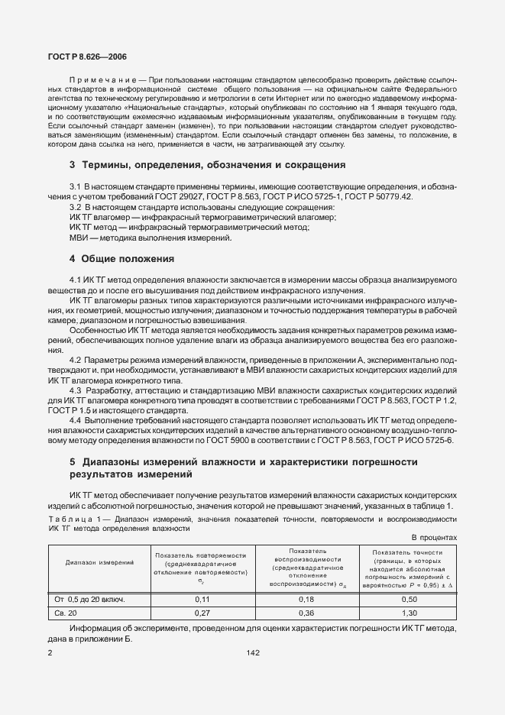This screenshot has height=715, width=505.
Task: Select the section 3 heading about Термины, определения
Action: (196, 164)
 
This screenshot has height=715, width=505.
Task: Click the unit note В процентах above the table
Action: (434, 537)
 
